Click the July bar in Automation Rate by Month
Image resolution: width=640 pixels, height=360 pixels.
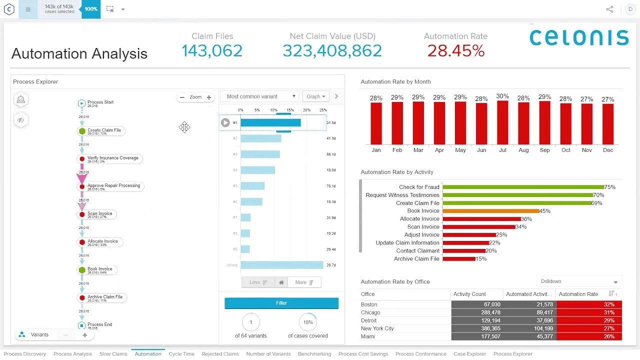[x=502, y=122]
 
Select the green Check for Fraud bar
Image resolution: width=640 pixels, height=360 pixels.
[x=523, y=187]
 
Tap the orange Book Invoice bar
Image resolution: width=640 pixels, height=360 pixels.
[x=490, y=211]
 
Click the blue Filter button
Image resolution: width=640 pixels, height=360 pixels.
[x=281, y=303]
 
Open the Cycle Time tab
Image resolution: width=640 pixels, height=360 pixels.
[x=181, y=354]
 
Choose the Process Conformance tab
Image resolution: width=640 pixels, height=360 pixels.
[x=420, y=354]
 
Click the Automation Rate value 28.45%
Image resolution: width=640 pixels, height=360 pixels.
[x=455, y=50]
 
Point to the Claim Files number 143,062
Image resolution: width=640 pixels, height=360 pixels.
[x=212, y=50]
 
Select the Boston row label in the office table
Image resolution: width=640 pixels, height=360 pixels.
[x=369, y=304]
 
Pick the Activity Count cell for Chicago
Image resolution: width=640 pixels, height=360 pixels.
[x=476, y=312]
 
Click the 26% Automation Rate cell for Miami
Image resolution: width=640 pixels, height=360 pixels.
[x=589, y=336]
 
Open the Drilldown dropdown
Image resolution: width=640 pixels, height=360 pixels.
[x=579, y=281]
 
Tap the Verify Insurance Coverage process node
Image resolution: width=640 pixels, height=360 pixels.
[x=112, y=158]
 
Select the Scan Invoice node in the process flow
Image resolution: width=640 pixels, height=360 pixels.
[x=99, y=214]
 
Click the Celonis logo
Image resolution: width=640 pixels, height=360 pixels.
[x=578, y=38]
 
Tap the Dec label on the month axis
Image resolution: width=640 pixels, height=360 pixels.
[x=607, y=150]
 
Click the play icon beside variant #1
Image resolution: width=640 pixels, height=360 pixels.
[x=225, y=122]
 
